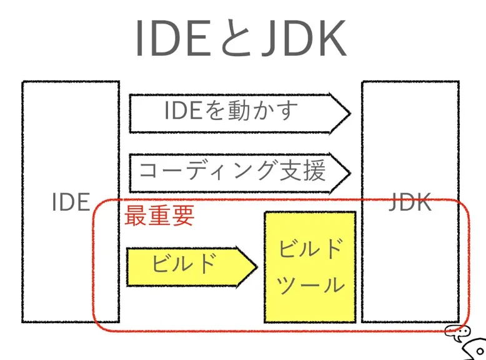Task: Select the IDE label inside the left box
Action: point(71,202)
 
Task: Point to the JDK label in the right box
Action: point(410,202)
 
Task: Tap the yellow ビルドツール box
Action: point(310,267)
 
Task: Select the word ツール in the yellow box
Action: point(310,286)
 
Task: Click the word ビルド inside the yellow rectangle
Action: point(310,249)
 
